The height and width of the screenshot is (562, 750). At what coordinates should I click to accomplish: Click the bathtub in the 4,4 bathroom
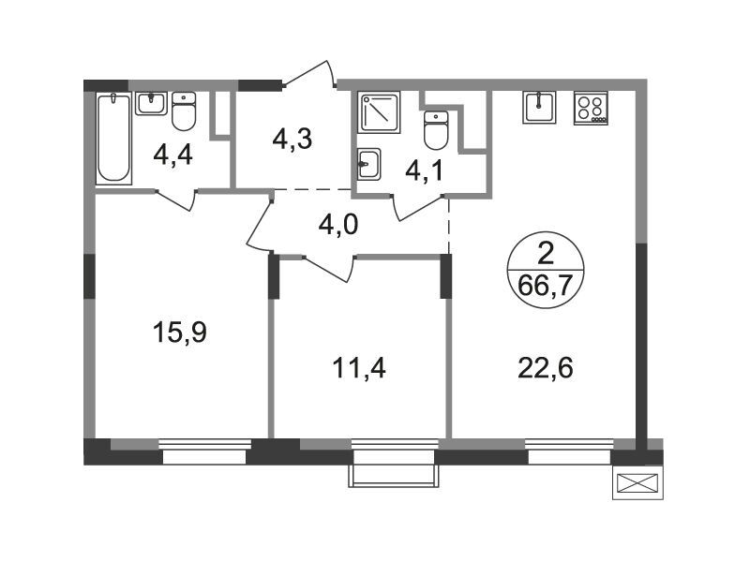[113, 139]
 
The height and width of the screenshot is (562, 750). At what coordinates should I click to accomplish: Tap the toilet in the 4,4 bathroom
[184, 111]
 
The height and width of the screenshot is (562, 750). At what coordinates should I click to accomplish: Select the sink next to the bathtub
[151, 104]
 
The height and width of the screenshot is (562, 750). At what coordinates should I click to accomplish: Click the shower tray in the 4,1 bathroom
[379, 112]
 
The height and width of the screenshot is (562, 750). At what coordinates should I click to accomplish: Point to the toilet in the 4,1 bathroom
[436, 129]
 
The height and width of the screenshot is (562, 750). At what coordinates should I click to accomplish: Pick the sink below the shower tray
[369, 164]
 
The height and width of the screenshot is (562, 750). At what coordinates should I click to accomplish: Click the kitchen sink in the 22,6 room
[540, 108]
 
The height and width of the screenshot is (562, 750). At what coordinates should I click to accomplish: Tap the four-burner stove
[591, 109]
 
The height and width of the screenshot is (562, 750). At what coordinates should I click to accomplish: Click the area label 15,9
[179, 333]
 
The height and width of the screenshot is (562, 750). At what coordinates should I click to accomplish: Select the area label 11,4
[359, 368]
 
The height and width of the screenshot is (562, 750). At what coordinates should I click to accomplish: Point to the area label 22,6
[546, 368]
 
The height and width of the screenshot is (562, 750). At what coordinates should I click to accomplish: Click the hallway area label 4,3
[292, 139]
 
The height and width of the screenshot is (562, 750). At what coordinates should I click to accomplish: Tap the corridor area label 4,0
[338, 225]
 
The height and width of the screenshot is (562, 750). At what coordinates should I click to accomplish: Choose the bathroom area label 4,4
[172, 155]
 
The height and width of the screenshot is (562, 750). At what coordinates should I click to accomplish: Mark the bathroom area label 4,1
[424, 170]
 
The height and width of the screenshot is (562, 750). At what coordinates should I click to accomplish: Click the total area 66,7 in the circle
[546, 287]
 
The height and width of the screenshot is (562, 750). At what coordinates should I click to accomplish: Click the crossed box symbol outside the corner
[637, 483]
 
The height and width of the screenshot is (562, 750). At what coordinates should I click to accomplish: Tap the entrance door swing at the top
[307, 75]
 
